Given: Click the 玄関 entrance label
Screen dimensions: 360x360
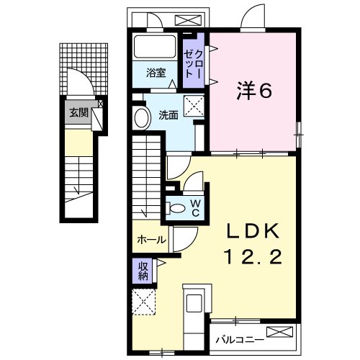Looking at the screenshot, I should (x=78, y=112).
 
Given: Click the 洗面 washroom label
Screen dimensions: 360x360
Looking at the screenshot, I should (x=168, y=114).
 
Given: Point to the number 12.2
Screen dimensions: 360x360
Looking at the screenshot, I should (x=251, y=257).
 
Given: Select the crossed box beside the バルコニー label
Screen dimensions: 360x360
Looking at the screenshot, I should (x=281, y=333).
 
